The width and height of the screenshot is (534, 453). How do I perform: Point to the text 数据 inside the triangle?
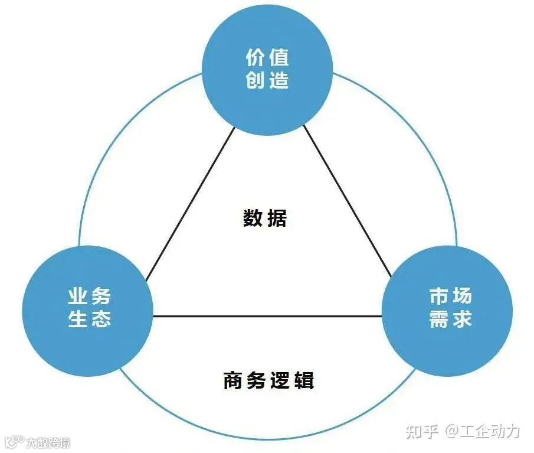tap(265, 219)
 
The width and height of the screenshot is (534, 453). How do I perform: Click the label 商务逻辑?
tap(268, 380)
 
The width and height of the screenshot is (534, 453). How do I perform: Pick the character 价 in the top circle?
tap(255, 57)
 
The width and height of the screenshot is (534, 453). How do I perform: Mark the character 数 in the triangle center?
tap(253, 219)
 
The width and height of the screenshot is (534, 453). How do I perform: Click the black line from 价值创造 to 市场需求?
tap(348, 204)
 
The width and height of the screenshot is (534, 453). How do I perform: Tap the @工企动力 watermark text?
tap(483, 431)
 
